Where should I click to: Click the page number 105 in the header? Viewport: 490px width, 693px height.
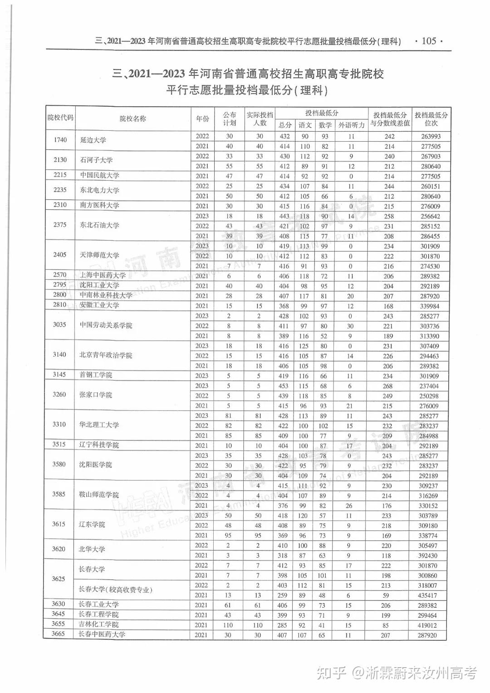(429, 41)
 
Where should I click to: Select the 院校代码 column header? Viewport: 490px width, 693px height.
(60, 118)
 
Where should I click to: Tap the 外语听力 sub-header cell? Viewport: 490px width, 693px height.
(352, 125)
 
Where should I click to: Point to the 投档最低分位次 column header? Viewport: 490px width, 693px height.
(431, 119)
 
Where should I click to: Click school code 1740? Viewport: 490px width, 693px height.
(60, 140)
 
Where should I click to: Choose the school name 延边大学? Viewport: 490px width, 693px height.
(93, 140)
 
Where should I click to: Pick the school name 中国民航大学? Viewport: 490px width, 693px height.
(100, 176)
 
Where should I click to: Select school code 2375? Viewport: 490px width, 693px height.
(60, 225)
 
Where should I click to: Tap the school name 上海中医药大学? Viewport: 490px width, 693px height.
(103, 275)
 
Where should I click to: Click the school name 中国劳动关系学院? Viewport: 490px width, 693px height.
(106, 325)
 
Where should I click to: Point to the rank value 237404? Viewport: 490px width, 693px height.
(429, 386)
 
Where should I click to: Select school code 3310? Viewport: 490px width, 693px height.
(59, 425)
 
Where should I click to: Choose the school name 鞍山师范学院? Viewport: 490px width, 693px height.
(99, 495)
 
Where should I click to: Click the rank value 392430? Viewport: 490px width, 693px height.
(428, 555)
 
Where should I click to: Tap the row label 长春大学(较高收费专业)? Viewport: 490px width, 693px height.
(115, 590)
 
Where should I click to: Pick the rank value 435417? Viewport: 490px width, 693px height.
(427, 595)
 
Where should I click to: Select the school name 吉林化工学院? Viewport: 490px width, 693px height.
(98, 624)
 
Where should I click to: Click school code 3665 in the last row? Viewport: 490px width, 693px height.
(58, 634)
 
